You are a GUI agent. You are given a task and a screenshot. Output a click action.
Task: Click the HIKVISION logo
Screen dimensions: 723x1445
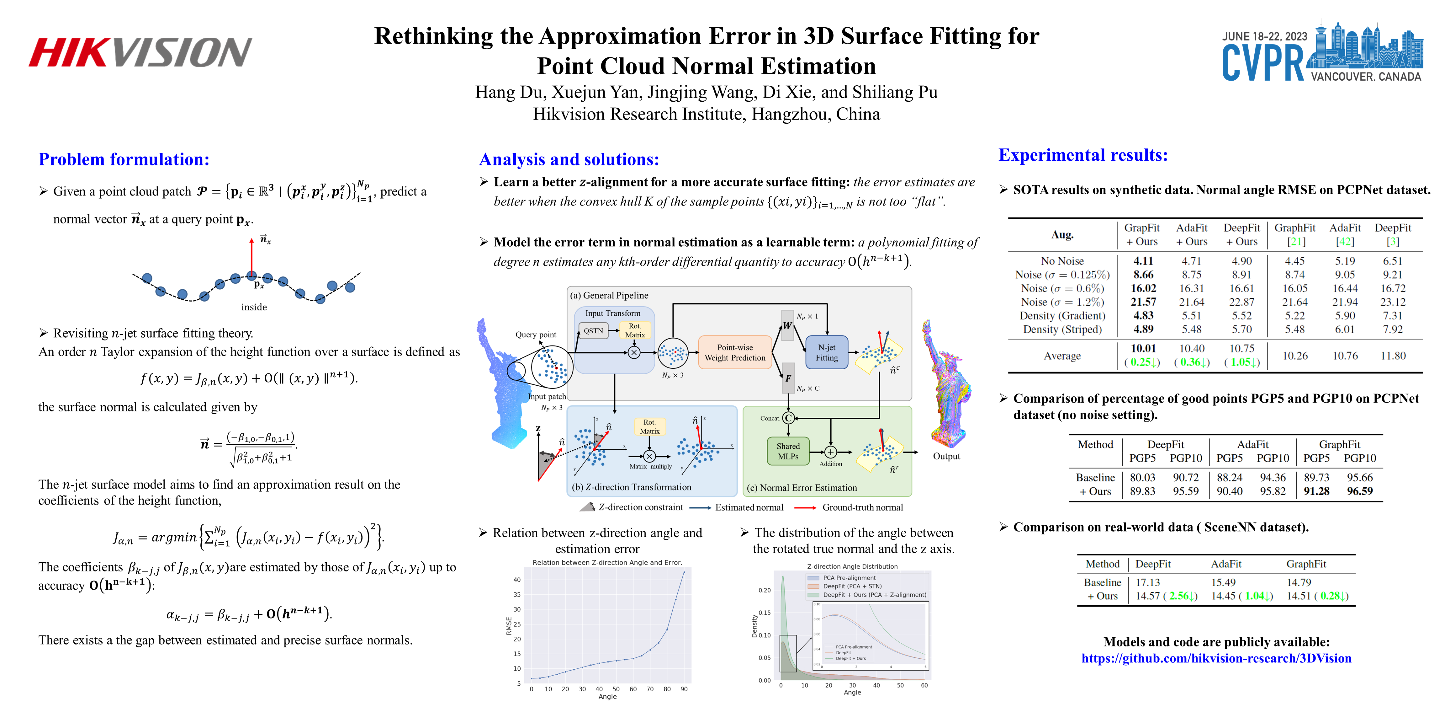[x=140, y=52]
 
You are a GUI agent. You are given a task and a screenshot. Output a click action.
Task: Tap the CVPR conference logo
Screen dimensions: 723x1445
[x=1322, y=53]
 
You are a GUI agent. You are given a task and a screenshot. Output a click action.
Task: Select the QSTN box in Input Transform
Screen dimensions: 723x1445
[x=593, y=331]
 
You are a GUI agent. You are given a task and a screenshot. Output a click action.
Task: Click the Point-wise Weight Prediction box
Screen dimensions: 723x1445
[x=734, y=352]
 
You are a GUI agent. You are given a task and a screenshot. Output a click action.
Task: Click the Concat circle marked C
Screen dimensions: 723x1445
[x=788, y=418]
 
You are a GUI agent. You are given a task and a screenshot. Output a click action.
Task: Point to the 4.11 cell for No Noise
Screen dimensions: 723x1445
[x=1143, y=261]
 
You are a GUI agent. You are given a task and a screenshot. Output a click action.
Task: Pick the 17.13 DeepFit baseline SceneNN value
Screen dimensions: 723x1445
[x=1148, y=583]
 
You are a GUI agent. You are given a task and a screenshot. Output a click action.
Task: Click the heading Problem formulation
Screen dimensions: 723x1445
[x=124, y=159]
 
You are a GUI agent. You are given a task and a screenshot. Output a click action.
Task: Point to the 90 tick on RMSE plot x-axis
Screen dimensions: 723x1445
[x=684, y=689]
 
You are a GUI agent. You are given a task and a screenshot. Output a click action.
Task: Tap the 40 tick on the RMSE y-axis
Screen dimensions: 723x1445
[x=517, y=580]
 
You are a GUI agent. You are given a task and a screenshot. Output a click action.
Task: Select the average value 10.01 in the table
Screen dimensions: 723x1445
[x=1143, y=349]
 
